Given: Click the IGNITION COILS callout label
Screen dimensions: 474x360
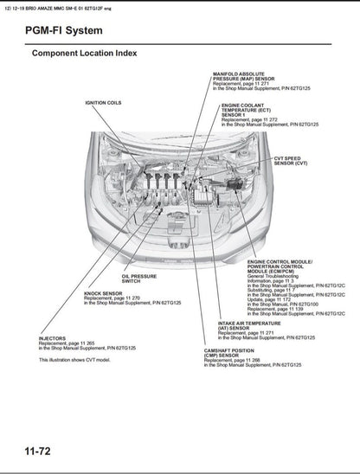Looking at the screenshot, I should tap(102, 103).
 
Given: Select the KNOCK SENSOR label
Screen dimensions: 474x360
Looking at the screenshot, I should tap(102, 293).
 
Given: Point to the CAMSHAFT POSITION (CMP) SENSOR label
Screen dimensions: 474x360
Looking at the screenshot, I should tap(222, 354).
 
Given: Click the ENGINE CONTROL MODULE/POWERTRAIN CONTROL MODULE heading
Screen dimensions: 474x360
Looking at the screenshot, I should tap(279, 265).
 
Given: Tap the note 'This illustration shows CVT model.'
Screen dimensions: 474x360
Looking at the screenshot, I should tap(74, 359).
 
